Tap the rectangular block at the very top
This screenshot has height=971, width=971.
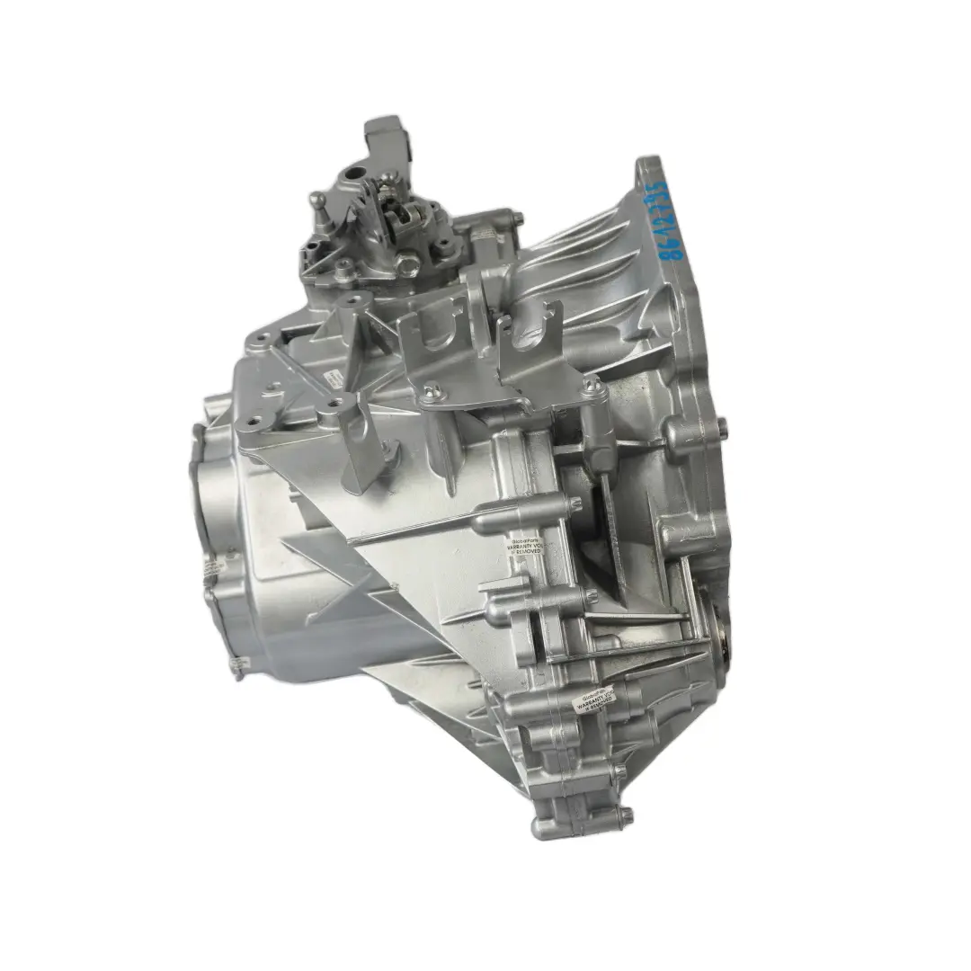pos(386,135)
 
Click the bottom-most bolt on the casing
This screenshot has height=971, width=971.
pos(626,816)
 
